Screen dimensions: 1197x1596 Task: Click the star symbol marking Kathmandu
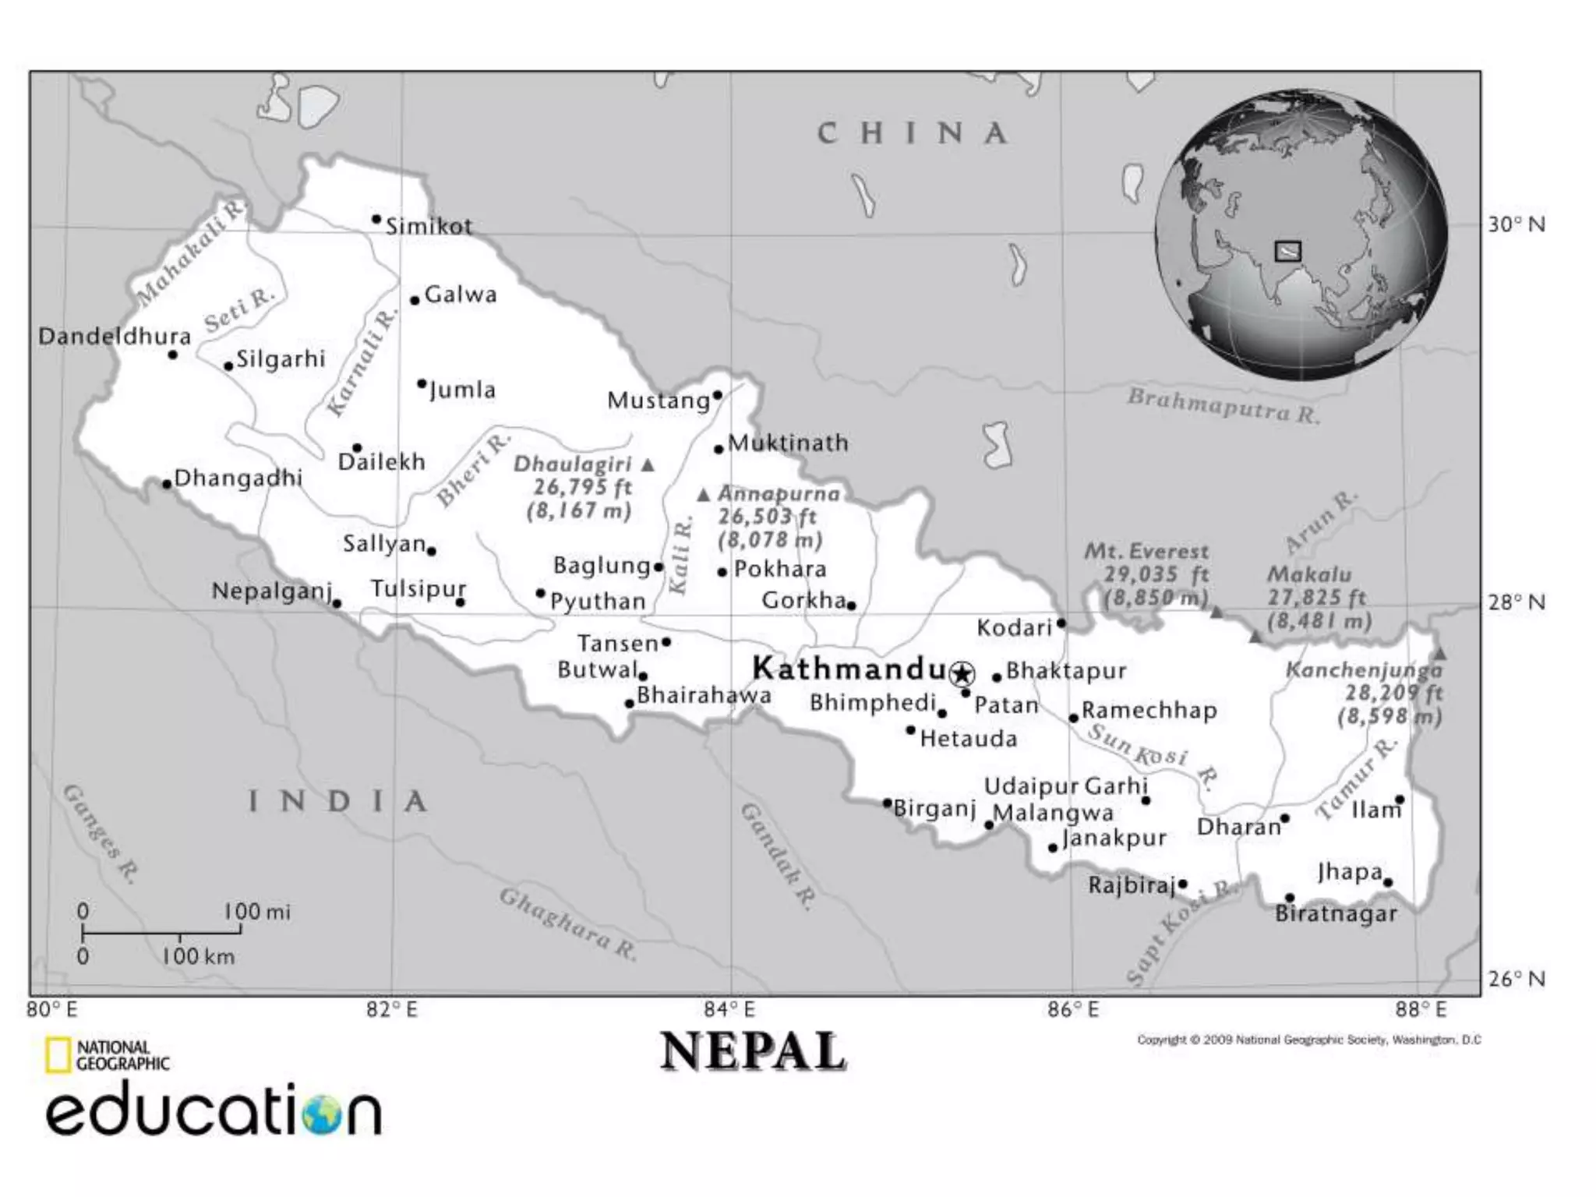pyautogui.click(x=963, y=673)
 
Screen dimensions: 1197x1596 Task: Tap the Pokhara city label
pyautogui.click(x=780, y=569)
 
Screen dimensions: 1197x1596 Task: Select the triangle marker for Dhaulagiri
pyautogui.click(x=648, y=465)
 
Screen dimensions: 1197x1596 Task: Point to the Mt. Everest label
pyautogui.click(x=1146, y=552)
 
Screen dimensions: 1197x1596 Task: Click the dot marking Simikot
pyautogui.click(x=376, y=219)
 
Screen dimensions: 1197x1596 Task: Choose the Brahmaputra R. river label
pyautogui.click(x=1223, y=405)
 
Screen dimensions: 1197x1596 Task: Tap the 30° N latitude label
pyautogui.click(x=1517, y=224)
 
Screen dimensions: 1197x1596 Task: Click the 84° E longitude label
pyautogui.click(x=729, y=1010)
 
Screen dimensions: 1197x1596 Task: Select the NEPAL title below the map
pyautogui.click(x=753, y=1052)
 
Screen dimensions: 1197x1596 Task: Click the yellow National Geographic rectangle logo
pyautogui.click(x=57, y=1055)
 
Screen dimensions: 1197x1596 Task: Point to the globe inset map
pyautogui.click(x=1301, y=234)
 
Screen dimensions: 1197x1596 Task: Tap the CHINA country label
pyautogui.click(x=913, y=133)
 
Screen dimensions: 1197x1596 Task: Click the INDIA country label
pyautogui.click(x=338, y=801)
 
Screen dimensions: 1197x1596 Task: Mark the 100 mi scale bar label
pyautogui.click(x=257, y=911)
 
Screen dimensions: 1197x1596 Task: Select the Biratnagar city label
pyautogui.click(x=1336, y=913)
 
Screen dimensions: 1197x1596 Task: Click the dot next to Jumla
pyautogui.click(x=422, y=383)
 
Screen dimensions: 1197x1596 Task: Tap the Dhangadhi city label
pyautogui.click(x=238, y=478)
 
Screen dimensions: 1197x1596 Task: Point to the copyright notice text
pyautogui.click(x=1308, y=1040)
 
